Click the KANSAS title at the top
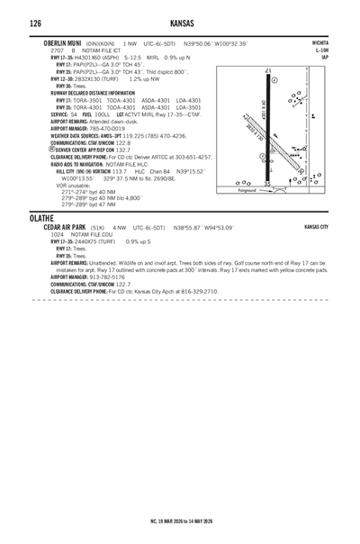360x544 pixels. click(180, 22)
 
